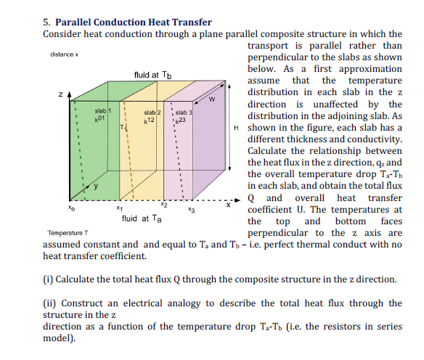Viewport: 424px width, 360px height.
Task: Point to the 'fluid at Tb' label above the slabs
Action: pyautogui.click(x=153, y=74)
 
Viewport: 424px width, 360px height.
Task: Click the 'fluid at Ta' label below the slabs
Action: pyautogui.click(x=142, y=218)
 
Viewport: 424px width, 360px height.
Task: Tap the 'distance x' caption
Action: pyautogui.click(x=65, y=55)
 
